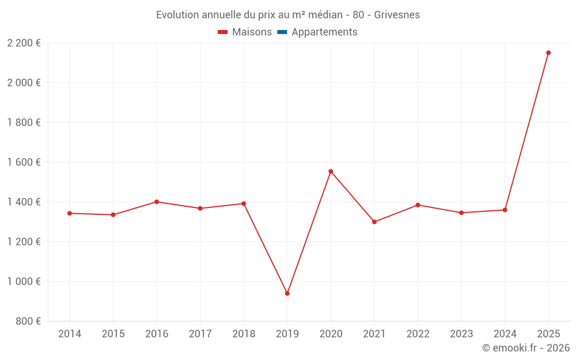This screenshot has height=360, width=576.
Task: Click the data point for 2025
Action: (x=548, y=52)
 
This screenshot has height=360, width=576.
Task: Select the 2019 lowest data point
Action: (x=287, y=293)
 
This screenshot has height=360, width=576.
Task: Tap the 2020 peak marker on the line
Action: (x=331, y=171)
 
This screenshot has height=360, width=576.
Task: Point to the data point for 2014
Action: (x=70, y=213)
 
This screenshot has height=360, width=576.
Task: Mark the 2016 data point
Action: (x=157, y=202)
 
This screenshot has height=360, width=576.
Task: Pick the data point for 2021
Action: (x=374, y=222)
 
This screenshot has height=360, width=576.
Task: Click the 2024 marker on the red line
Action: (x=505, y=210)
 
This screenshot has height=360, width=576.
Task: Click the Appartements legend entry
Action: (x=324, y=32)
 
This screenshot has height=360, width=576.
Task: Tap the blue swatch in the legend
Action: (x=282, y=32)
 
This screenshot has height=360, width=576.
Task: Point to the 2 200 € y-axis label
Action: (x=24, y=43)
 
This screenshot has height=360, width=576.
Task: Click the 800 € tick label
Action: (x=29, y=321)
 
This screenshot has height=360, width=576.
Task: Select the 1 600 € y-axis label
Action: (x=24, y=162)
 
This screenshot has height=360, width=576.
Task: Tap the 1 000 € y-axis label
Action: (x=24, y=281)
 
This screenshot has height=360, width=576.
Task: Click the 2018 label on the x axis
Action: (x=244, y=334)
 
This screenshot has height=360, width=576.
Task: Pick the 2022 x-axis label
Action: (x=418, y=334)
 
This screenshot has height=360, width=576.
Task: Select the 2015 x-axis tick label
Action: (x=113, y=334)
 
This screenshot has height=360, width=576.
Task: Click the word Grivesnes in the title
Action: (x=397, y=15)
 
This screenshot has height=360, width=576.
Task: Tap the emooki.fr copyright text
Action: (x=526, y=348)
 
